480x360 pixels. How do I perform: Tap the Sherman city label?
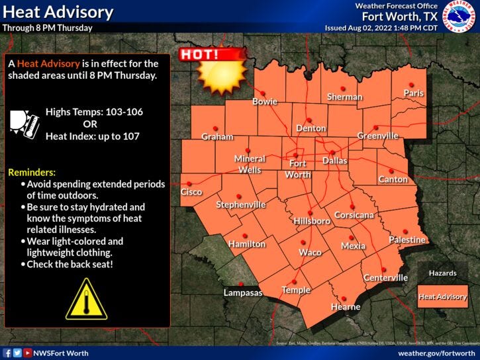pos(344,97)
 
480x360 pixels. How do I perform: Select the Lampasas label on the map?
pos(243,292)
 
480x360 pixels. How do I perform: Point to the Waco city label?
pos(310,252)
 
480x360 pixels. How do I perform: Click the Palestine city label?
pos(407,240)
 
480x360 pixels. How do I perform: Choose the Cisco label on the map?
pos(191,192)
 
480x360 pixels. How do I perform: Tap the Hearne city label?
pos(346,306)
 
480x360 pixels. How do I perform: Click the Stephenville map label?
pos(240,204)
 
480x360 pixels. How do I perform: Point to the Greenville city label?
pos(378,136)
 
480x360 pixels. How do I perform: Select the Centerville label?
pos(385,277)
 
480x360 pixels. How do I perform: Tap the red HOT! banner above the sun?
pos(202,54)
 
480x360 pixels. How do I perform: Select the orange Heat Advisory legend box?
pos(442,296)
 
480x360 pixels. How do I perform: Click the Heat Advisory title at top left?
pos(57,12)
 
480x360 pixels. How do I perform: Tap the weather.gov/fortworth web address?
pos(436,353)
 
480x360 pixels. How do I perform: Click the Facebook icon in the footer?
pos(7,353)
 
